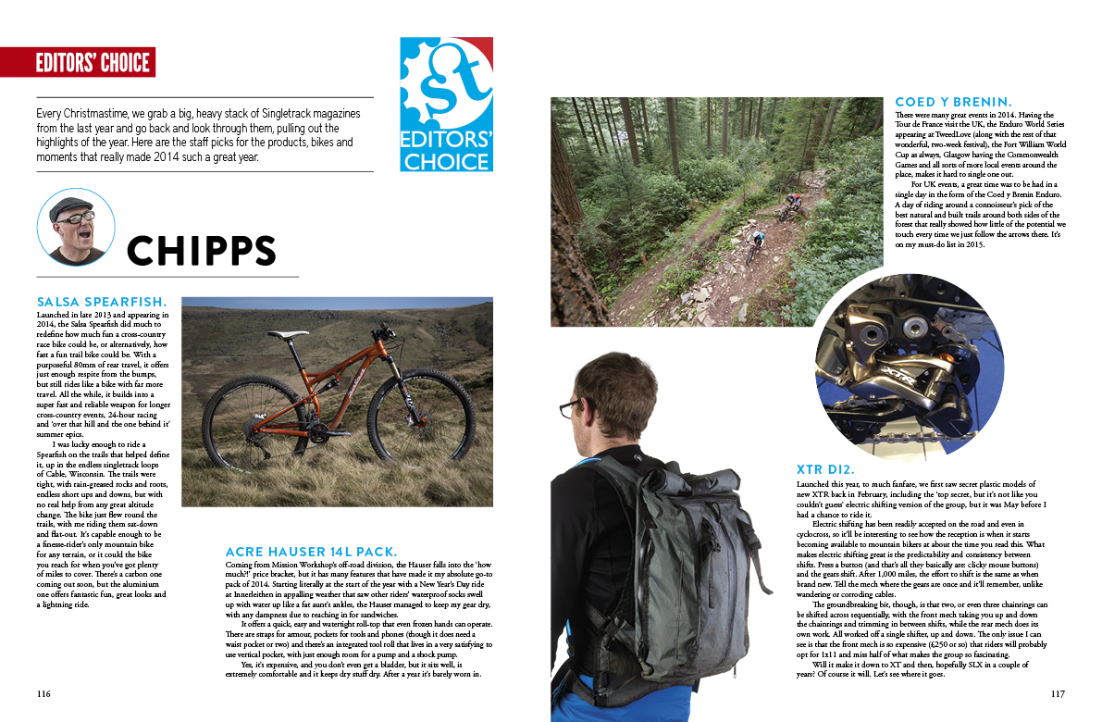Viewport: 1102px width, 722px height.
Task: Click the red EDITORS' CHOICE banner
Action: (x=79, y=62)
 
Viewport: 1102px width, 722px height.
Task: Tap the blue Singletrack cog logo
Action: (x=446, y=104)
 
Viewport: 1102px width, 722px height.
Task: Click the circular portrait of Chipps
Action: (x=76, y=228)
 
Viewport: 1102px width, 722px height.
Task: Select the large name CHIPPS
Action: (x=202, y=251)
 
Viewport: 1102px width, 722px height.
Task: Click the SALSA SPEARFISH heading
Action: (x=102, y=302)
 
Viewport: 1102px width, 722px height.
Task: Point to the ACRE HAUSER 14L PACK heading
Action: (x=312, y=551)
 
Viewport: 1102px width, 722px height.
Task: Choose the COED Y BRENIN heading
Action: (x=954, y=102)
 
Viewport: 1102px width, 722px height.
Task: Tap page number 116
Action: (x=43, y=693)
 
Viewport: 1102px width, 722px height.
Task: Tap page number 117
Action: (x=1059, y=693)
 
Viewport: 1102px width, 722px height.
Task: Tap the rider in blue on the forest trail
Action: (x=757, y=240)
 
